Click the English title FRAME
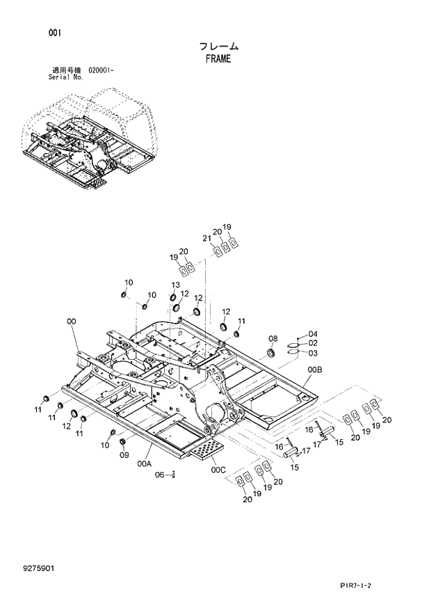(x=218, y=58)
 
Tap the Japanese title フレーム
(x=218, y=47)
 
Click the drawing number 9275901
(x=38, y=568)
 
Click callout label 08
(x=273, y=339)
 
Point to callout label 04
(x=313, y=333)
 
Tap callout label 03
(x=313, y=352)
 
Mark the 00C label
(x=219, y=469)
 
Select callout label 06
(x=158, y=475)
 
